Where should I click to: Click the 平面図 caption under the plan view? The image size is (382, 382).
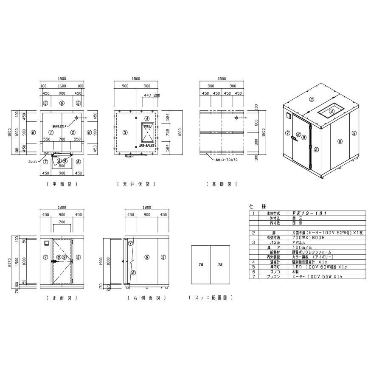pyautogui.click(x=62, y=184)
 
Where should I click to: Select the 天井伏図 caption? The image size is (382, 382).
pyautogui.click(x=136, y=184)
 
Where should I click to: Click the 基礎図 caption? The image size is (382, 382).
pyautogui.click(x=221, y=184)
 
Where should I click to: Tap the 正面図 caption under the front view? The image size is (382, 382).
pyautogui.click(x=62, y=298)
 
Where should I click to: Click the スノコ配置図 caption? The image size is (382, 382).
pyautogui.click(x=211, y=298)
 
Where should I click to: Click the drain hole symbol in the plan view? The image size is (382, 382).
pyautogui.click(x=76, y=118)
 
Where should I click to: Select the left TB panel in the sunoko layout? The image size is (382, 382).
pyautogui.click(x=201, y=264)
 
